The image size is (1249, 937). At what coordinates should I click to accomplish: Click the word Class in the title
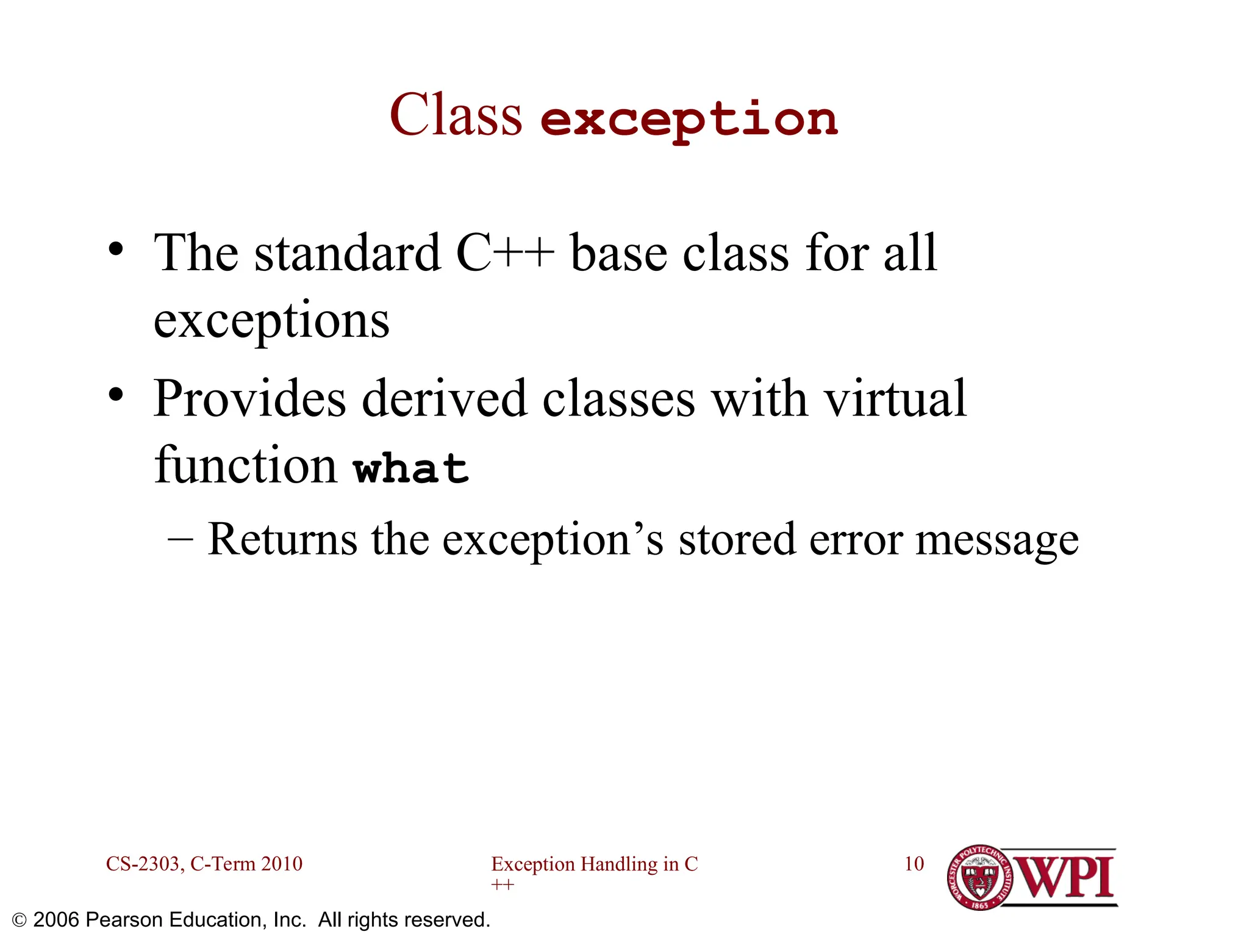[456, 116]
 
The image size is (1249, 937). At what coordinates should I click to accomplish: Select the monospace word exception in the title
[689, 120]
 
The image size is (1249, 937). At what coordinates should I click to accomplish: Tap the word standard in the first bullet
[347, 253]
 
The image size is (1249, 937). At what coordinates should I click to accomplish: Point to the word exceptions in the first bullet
[271, 321]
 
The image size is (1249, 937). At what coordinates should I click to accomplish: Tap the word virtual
[895, 399]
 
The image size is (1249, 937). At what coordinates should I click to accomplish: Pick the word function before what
[245, 465]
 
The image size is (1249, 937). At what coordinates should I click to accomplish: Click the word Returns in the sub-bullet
[282, 539]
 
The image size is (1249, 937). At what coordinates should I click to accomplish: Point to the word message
[997, 540]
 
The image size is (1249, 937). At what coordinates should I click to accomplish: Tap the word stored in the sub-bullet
[737, 539]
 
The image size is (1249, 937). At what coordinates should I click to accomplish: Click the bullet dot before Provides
[115, 395]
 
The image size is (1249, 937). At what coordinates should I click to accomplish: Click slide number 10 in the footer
[914, 864]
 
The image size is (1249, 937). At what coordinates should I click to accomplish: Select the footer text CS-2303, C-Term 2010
[204, 864]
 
